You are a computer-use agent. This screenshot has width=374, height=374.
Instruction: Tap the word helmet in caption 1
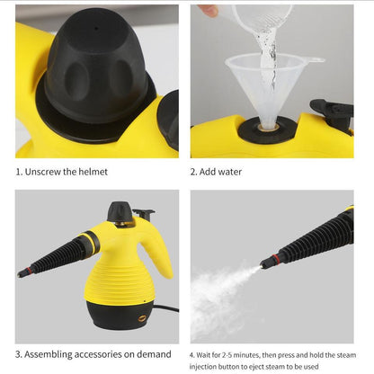pos(92,172)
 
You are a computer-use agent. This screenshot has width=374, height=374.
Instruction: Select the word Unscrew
pos(44,172)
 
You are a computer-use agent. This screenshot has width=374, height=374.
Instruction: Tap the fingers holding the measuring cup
pos(209,9)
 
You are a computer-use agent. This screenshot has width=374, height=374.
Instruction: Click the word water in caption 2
pos(230,172)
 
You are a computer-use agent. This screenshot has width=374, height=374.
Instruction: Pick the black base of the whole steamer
pos(119,314)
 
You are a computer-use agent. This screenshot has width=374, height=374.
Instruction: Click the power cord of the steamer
pos(165,308)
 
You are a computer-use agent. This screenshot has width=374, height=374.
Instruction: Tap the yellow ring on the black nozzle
pos(89,243)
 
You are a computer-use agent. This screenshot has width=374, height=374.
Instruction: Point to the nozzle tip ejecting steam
pos(267,263)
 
